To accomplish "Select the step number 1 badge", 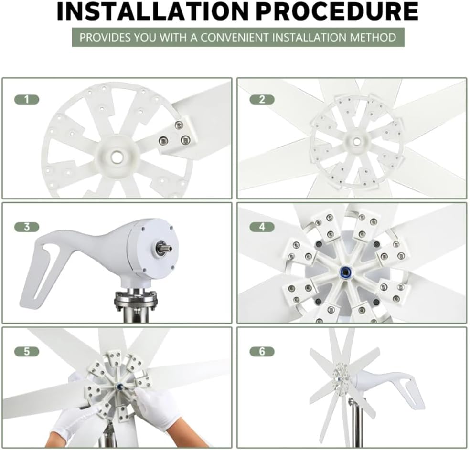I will click(x=27, y=99).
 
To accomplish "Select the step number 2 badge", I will click(x=262, y=99).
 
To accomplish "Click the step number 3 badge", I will click(x=27, y=227).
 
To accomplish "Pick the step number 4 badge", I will click(x=262, y=227).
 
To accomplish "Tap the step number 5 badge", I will click(x=27, y=352).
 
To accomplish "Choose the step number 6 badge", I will click(x=262, y=352).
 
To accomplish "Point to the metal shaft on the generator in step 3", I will click(x=163, y=248).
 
